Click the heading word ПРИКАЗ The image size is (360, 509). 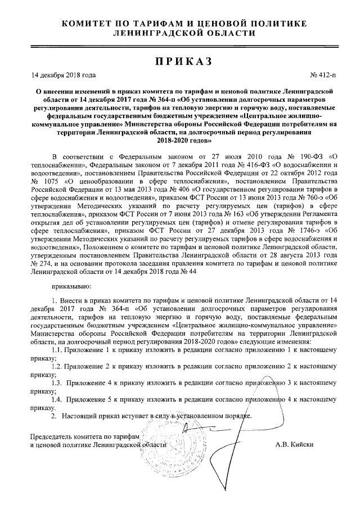[x=179, y=61]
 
